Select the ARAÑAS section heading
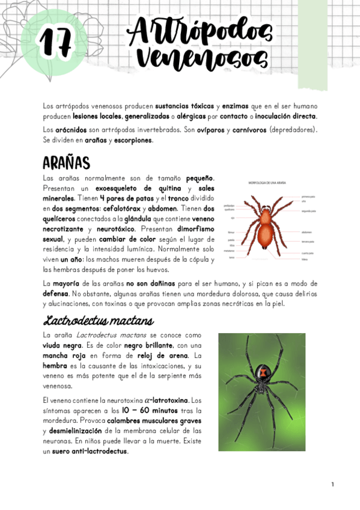point(67,162)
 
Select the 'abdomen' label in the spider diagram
point(306,232)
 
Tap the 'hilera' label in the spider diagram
point(305,260)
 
